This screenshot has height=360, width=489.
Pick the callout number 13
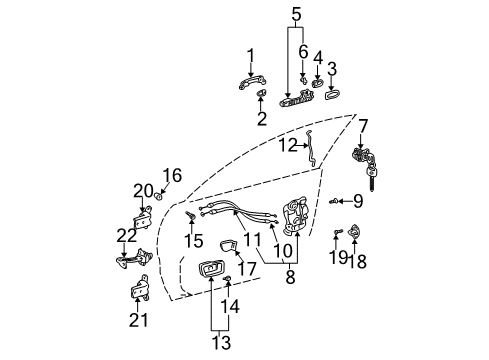tap(220, 342)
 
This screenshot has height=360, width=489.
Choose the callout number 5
tap(295, 15)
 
